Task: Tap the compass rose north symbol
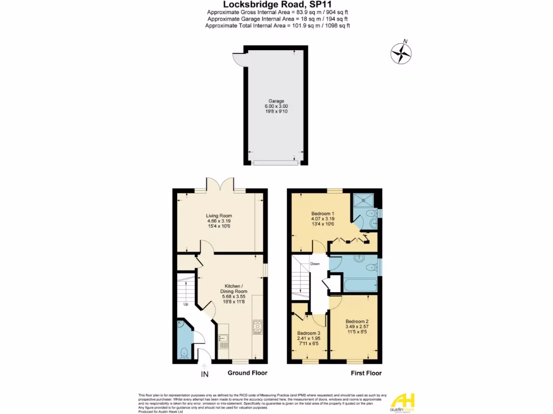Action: tap(401, 53)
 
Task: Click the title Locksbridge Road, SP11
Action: tap(276, 5)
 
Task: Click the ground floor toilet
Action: tap(183, 354)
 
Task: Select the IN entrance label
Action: tap(204, 373)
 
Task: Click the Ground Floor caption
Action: tap(247, 373)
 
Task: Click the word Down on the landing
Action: tap(315, 264)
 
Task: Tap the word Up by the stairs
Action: tap(186, 304)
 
